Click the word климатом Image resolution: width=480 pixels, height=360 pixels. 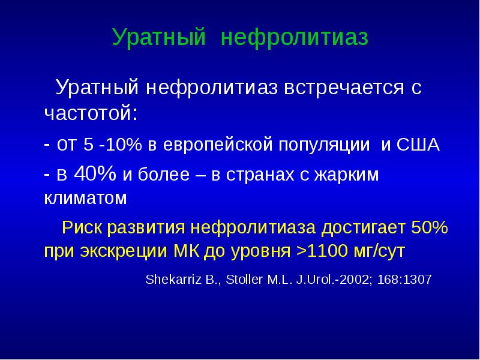click(85, 198)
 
